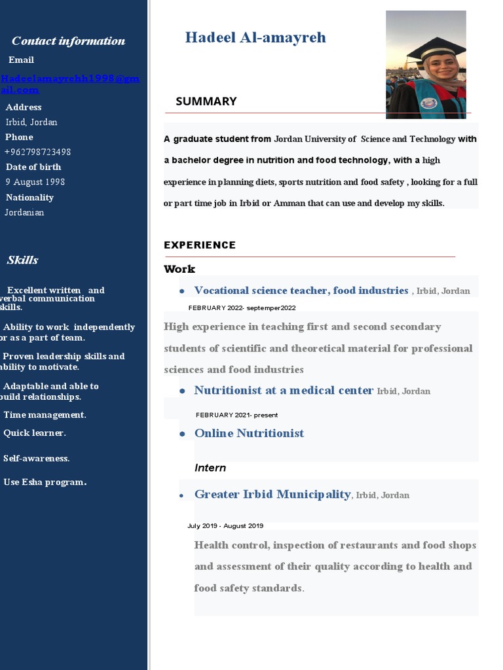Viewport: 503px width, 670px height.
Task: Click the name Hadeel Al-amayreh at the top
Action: click(x=255, y=37)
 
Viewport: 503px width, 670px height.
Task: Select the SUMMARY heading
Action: click(x=206, y=101)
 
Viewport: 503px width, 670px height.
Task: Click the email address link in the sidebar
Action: click(x=69, y=84)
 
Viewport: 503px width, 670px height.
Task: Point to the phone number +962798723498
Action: click(x=37, y=152)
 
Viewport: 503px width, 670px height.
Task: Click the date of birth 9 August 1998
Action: click(x=35, y=182)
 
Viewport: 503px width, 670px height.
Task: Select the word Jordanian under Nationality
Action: click(x=24, y=212)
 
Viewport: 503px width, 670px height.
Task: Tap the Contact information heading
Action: click(x=68, y=41)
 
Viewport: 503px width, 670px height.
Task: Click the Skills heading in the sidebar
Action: click(x=22, y=260)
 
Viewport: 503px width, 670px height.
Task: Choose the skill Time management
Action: click(x=45, y=415)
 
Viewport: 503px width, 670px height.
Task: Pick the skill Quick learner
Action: click(x=35, y=432)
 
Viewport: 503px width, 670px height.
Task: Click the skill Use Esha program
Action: click(x=45, y=482)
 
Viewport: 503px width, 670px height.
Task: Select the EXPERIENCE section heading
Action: click(x=199, y=245)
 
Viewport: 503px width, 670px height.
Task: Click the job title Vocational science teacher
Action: click(x=301, y=291)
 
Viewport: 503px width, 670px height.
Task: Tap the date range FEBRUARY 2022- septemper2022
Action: click(x=242, y=308)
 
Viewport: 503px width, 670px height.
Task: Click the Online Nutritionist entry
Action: click(x=249, y=433)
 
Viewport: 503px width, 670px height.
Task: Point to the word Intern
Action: click(x=210, y=468)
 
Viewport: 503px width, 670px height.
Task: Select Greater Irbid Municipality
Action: click(x=272, y=495)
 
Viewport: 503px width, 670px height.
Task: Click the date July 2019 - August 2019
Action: click(x=225, y=525)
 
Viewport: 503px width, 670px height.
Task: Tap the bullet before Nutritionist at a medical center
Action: click(x=181, y=391)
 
